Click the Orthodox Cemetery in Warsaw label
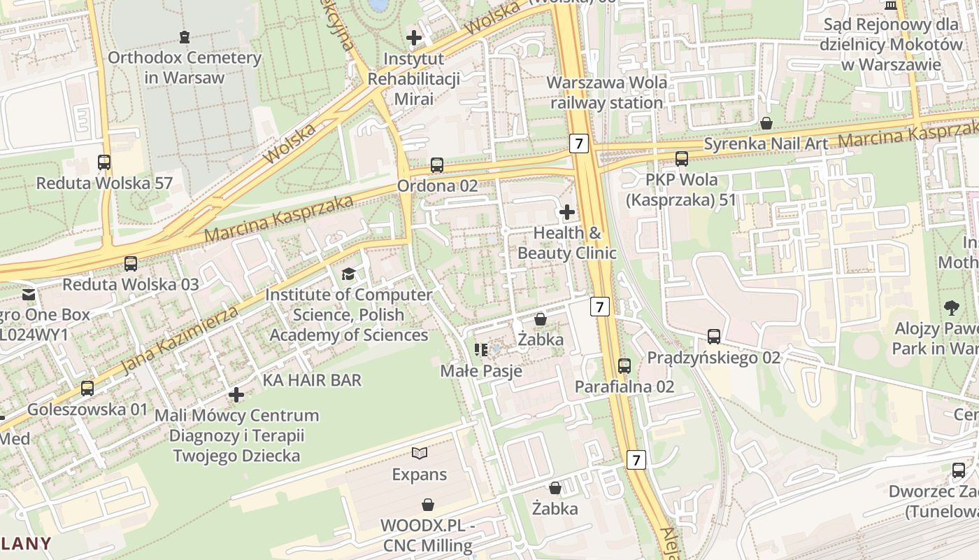click(184, 67)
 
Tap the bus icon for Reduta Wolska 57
click(104, 162)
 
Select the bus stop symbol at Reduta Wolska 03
click(131, 263)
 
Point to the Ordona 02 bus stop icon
click(437, 165)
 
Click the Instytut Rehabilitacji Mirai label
click(414, 78)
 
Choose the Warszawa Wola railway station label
click(606, 92)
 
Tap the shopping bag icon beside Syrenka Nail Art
click(767, 123)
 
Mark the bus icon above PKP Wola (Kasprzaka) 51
click(682, 159)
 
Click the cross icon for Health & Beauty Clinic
click(567, 211)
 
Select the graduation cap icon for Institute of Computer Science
click(348, 274)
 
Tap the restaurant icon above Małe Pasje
click(481, 349)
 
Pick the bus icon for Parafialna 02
click(624, 365)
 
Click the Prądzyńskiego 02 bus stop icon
click(714, 337)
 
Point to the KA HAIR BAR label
click(312, 380)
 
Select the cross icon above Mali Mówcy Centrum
click(236, 395)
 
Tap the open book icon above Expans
click(419, 454)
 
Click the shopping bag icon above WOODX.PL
click(428, 504)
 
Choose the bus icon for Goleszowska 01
click(87, 388)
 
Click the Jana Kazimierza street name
click(180, 339)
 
